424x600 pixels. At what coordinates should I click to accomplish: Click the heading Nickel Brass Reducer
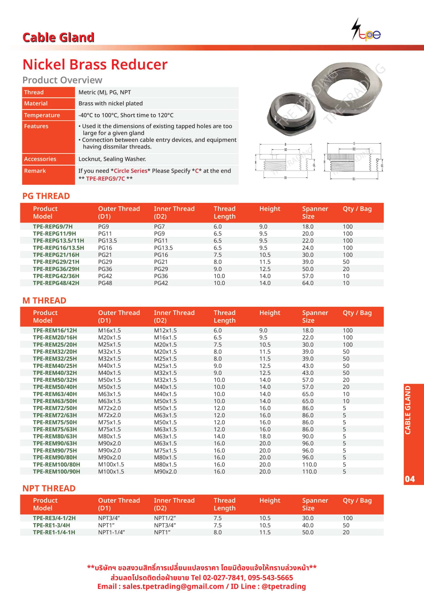[x=95, y=64]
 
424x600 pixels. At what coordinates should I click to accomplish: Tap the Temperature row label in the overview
[x=42, y=115]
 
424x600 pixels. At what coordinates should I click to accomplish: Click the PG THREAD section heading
[x=46, y=196]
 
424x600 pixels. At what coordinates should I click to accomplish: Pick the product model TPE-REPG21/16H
[x=56, y=255]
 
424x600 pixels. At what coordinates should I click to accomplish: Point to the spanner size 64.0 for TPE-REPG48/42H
[x=308, y=283]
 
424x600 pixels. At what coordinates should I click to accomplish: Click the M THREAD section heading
[x=44, y=300]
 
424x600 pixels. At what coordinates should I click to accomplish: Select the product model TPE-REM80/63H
[x=55, y=436]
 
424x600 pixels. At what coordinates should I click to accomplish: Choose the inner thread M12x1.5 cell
[x=165, y=330]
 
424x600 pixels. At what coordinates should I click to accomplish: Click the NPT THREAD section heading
[x=49, y=488]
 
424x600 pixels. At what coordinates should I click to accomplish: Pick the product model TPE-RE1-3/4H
[x=51, y=525]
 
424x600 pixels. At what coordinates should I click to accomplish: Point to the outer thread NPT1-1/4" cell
[x=111, y=532]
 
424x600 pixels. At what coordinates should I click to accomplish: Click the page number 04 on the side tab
[x=410, y=479]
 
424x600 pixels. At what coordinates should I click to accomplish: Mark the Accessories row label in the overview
[x=40, y=159]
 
